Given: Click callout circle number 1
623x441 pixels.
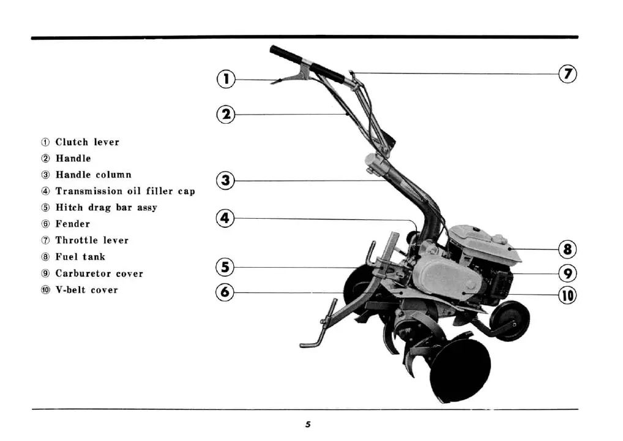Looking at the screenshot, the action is coord(226,79).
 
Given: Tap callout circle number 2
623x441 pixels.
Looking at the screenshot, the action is coord(226,114).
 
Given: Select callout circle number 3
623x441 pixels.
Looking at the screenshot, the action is coord(226,180).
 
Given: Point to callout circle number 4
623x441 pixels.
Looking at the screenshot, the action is coord(226,218).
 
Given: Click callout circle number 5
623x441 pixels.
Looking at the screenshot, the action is coord(226,267).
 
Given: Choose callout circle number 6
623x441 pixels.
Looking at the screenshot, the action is coord(226,292).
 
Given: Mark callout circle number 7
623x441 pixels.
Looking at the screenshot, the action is coord(568,73).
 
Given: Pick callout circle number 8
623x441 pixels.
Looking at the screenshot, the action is coord(568,249).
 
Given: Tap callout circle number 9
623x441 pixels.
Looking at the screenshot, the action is coord(568,273).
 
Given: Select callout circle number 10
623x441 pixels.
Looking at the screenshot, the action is coord(568,295).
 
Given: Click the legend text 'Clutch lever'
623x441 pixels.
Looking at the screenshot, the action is coord(87,142).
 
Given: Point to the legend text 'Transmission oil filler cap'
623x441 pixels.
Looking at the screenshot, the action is coord(125,191).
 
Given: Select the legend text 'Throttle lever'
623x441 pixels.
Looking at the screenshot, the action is coord(92,240).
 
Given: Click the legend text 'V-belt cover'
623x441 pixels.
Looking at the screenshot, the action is coord(86,290).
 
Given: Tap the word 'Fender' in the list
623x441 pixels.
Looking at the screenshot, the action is coord(72,224).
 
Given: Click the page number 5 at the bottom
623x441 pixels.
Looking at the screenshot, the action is coord(308,424).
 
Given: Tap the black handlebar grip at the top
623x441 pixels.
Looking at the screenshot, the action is coord(286,55).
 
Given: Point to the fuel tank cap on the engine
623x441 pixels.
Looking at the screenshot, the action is coord(500,238).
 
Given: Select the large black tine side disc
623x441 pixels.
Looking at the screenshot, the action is coord(460,371).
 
